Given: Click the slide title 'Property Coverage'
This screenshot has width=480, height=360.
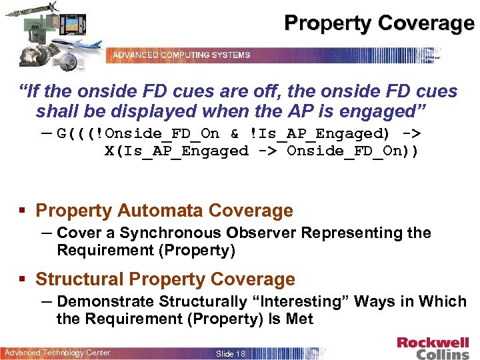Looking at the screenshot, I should pos(379,23).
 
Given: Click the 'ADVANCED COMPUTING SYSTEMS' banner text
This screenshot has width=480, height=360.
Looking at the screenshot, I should pos(181,55).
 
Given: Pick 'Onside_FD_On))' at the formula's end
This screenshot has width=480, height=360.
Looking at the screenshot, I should pos(353,151).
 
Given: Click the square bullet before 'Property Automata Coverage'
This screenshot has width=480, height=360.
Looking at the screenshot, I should pos(23,211).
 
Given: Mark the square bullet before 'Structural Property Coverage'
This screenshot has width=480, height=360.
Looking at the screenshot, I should pos(23,280).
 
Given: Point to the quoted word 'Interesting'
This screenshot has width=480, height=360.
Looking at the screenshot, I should pos(298,302).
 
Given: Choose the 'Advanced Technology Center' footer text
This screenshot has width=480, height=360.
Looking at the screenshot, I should pos(58,353).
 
